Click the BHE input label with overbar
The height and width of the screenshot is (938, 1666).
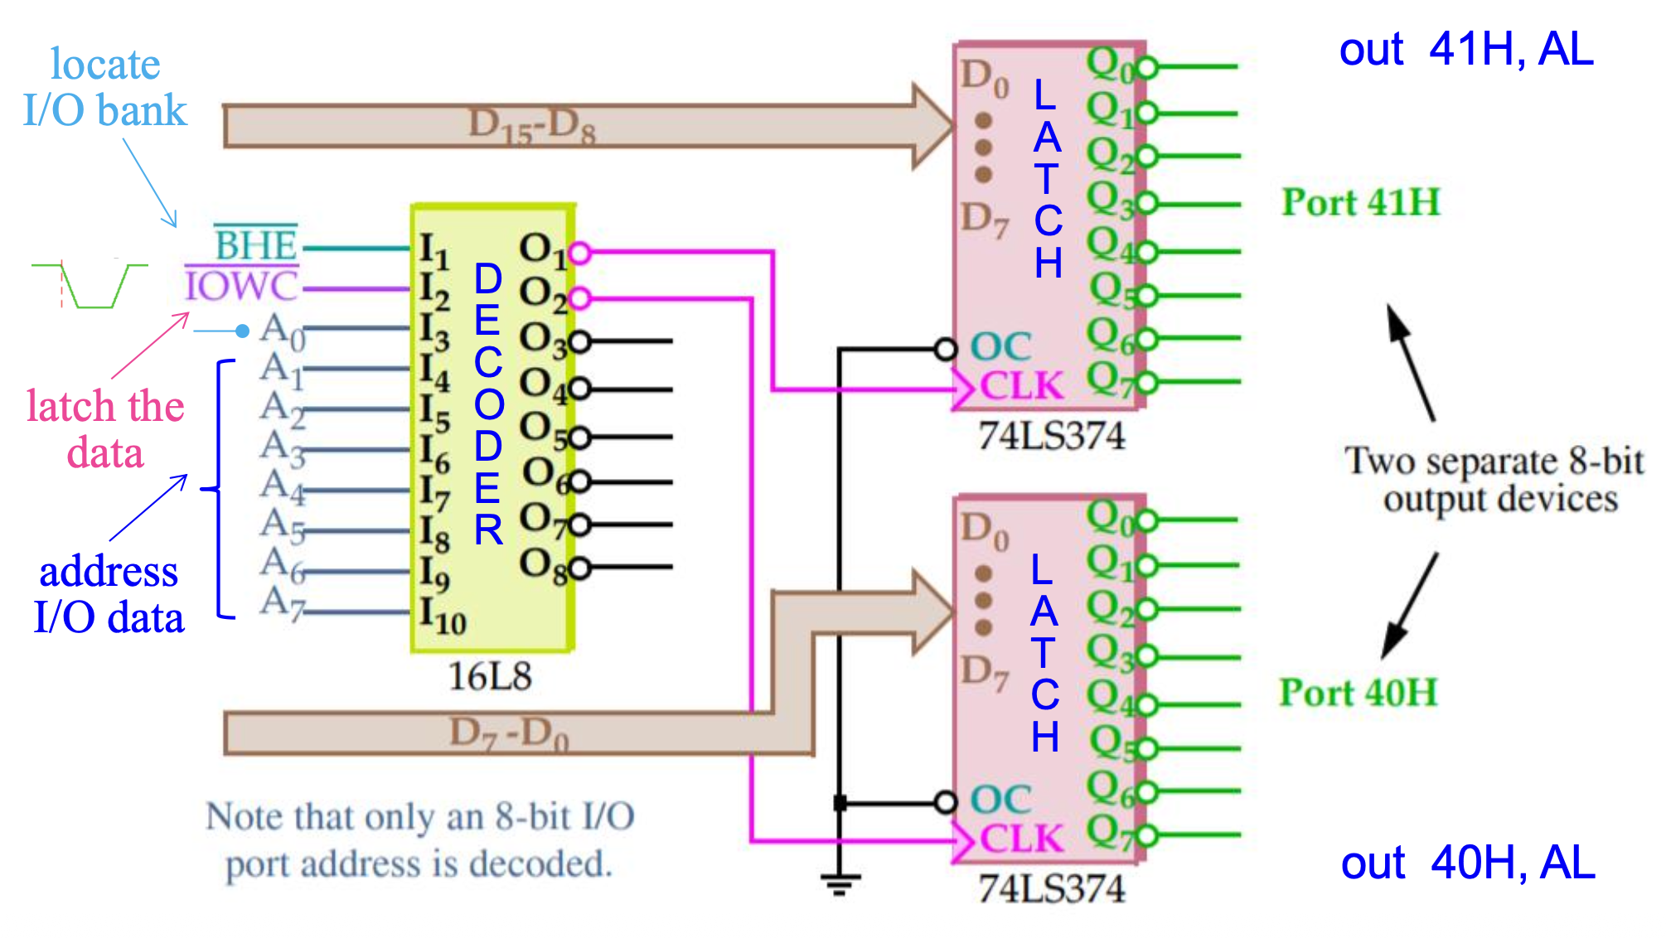(x=255, y=244)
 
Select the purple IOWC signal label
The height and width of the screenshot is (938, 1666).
(x=240, y=287)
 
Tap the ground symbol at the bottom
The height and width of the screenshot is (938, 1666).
(x=840, y=883)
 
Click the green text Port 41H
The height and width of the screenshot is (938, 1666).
(x=1361, y=202)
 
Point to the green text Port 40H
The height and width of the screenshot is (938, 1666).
(x=1358, y=693)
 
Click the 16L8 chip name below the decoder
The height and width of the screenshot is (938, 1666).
(x=489, y=677)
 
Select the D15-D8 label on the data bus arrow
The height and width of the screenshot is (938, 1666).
(x=531, y=126)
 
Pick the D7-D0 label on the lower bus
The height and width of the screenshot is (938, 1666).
(x=508, y=733)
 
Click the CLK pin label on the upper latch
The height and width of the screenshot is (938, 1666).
(x=1020, y=386)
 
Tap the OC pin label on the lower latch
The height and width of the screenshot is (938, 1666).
(x=1000, y=800)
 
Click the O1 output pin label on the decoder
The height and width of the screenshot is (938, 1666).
(x=542, y=250)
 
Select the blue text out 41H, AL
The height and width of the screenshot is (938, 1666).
(x=1466, y=50)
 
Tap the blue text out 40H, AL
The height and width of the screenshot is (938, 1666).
(x=1468, y=863)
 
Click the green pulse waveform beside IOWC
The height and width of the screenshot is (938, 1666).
(x=91, y=286)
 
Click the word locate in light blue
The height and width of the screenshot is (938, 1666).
(x=105, y=65)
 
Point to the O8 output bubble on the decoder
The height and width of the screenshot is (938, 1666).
(x=579, y=568)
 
